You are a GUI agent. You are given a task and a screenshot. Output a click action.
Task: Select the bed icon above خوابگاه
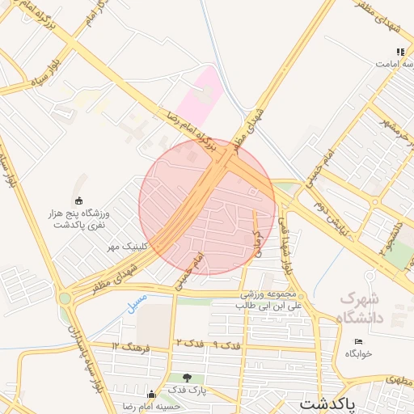(359, 341)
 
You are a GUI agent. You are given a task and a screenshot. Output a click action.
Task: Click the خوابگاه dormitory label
(357, 353)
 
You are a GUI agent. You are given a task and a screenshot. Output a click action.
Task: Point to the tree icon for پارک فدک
(188, 378)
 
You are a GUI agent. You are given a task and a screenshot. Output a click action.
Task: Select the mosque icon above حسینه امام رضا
(149, 394)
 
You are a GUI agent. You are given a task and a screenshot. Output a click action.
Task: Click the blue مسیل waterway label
(137, 300)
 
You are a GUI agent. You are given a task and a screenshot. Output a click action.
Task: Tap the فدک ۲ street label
(187, 345)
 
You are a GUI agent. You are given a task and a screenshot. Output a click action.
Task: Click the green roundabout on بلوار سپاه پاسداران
(64, 298)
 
